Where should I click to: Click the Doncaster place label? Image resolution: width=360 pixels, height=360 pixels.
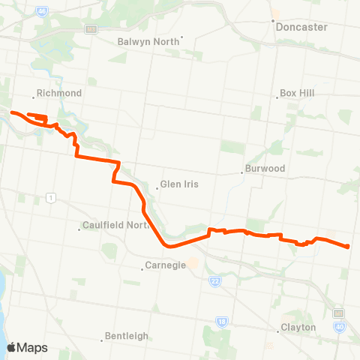(301, 26)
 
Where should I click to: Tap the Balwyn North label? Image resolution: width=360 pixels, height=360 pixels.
(150, 41)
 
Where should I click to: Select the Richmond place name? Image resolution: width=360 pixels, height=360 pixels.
(58, 94)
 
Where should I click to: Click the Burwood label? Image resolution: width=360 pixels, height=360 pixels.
(266, 169)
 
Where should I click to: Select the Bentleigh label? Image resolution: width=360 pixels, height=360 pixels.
(127, 336)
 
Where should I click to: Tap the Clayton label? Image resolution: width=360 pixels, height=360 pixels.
(298, 327)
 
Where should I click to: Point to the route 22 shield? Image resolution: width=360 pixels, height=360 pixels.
(214, 280)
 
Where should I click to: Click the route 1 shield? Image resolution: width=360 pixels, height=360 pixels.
(51, 197)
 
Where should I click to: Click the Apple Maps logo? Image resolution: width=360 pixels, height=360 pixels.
(27, 347)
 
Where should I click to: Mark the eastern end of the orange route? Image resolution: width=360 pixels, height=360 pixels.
(349, 247)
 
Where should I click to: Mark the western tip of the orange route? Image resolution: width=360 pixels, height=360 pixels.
(10, 112)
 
